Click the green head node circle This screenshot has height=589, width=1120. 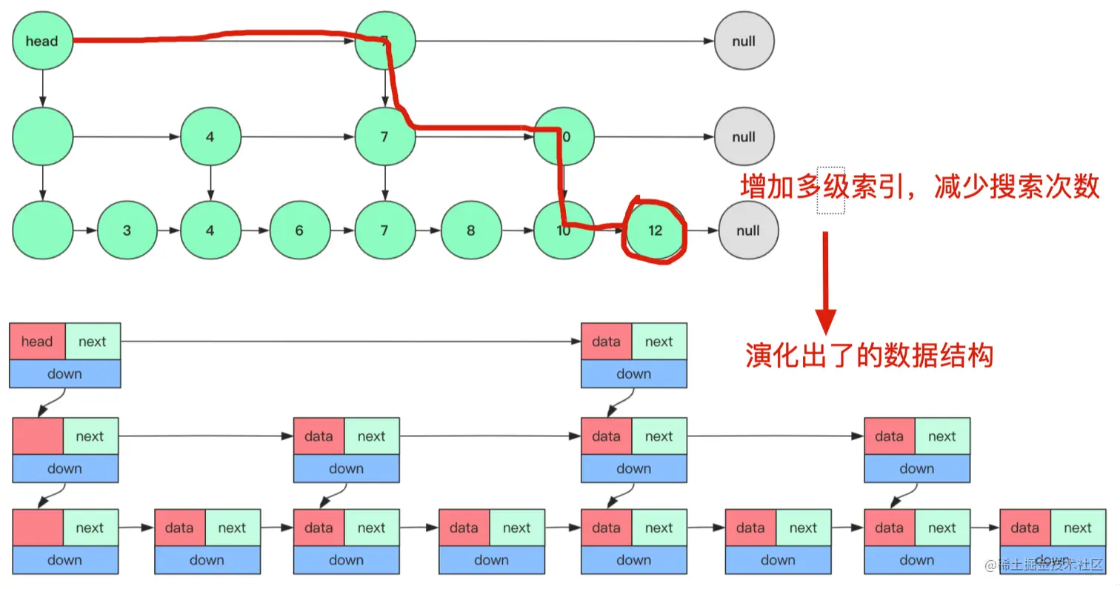pyautogui.click(x=42, y=41)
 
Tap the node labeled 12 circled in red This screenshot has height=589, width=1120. pyautogui.click(x=655, y=230)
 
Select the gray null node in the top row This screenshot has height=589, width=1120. pyautogui.click(x=744, y=41)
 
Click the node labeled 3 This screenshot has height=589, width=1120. pyautogui.click(x=127, y=230)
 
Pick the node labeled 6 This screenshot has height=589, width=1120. pyautogui.click(x=299, y=230)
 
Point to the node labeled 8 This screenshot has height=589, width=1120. pyautogui.click(x=470, y=230)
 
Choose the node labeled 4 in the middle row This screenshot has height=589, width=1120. pyautogui.click(x=210, y=137)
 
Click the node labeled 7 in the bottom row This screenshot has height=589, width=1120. pyautogui.click(x=384, y=230)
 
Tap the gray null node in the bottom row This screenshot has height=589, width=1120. pyautogui.click(x=748, y=230)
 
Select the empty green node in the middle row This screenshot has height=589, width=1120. pyautogui.click(x=42, y=137)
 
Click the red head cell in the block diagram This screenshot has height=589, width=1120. pyautogui.click(x=37, y=342)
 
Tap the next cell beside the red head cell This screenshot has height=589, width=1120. pyautogui.click(x=93, y=342)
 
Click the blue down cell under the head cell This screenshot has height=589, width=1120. pyautogui.click(x=64, y=374)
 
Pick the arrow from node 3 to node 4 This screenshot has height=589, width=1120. pyautogui.click(x=169, y=230)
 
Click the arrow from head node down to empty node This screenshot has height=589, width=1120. pyautogui.click(x=42, y=88)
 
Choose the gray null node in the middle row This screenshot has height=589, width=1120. pyautogui.click(x=744, y=137)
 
